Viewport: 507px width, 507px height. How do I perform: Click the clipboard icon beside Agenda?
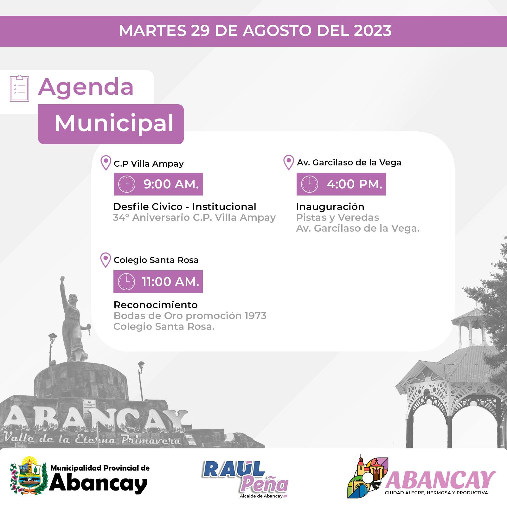pyautogui.click(x=19, y=88)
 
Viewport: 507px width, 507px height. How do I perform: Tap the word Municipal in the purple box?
pyautogui.click(x=114, y=123)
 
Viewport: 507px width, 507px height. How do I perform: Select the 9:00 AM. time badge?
pyautogui.click(x=158, y=184)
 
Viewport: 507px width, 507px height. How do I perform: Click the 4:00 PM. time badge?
pyautogui.click(x=341, y=184)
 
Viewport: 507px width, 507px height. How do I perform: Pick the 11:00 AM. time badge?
pyautogui.click(x=158, y=282)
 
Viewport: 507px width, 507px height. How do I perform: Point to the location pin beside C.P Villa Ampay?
pyautogui.click(x=106, y=163)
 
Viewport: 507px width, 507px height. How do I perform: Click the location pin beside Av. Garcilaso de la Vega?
pyautogui.click(x=288, y=162)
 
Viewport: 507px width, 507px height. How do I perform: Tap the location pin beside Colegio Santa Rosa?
pyautogui.click(x=106, y=260)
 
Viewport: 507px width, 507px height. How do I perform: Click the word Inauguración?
pyautogui.click(x=330, y=207)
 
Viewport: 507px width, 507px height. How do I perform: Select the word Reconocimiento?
pyautogui.click(x=156, y=305)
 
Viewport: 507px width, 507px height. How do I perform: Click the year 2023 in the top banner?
pyautogui.click(x=373, y=31)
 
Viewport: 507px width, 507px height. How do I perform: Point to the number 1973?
pyautogui.click(x=255, y=316)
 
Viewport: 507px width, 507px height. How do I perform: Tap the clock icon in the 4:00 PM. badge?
pyautogui.click(x=310, y=184)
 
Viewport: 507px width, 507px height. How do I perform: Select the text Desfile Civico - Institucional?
pyautogui.click(x=184, y=207)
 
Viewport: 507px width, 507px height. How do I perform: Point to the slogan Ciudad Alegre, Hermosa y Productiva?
pyautogui.click(x=436, y=493)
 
